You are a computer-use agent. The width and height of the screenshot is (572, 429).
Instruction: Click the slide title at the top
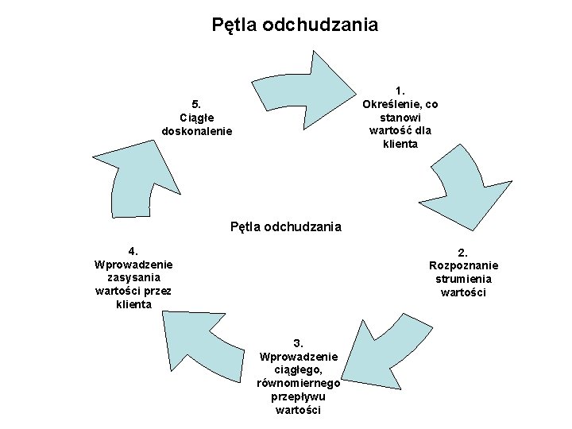pos(295,25)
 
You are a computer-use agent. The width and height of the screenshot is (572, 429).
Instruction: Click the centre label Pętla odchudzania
pos(286,226)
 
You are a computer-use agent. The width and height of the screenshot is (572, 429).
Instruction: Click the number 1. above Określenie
pos(400,89)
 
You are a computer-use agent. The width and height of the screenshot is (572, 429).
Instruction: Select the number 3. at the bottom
pos(299,343)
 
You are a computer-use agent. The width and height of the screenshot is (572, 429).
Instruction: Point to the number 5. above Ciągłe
pos(196,103)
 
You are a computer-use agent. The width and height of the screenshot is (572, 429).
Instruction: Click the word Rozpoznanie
pos(463,265)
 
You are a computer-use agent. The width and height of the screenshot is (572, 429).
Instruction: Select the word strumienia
pos(463,279)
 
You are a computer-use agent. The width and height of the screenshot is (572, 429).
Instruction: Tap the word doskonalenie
pos(197,131)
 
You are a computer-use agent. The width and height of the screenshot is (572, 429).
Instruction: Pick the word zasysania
pos(133,277)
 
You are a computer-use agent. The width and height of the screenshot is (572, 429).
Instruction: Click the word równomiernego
pos(299,383)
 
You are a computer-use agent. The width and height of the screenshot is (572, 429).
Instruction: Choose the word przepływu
pos(298,396)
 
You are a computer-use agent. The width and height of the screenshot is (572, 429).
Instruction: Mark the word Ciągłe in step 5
pos(196,118)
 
